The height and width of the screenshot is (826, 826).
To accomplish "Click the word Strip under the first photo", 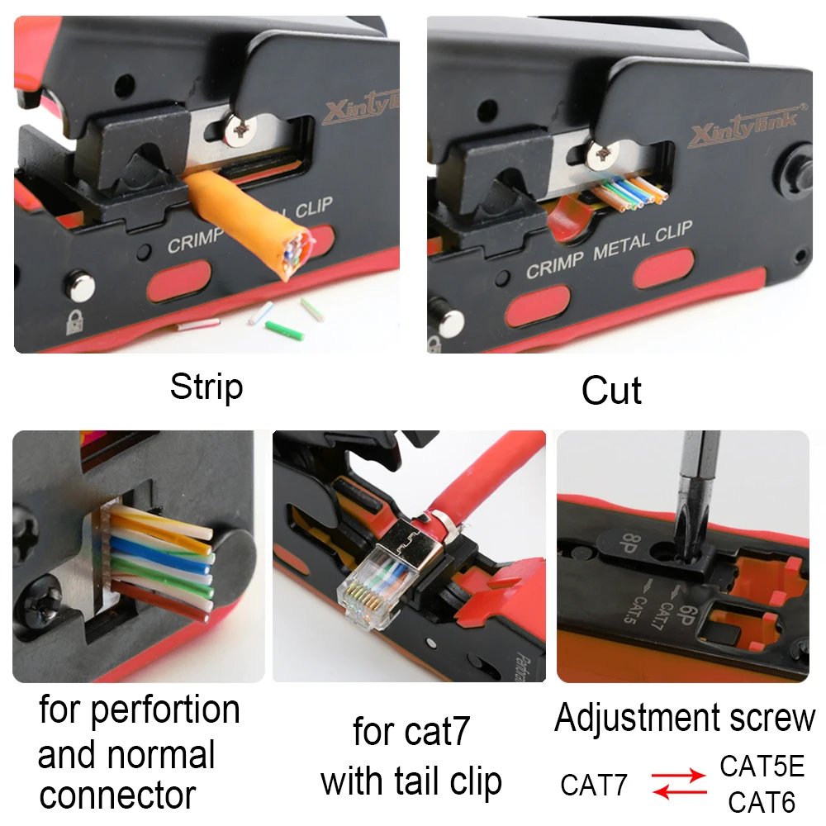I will [x=206, y=387].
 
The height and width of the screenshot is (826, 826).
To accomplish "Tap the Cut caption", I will [x=611, y=390].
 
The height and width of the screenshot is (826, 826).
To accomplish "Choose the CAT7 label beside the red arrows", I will [x=594, y=786].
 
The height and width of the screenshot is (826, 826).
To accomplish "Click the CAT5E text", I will [x=762, y=767].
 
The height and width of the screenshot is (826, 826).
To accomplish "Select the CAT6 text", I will [x=762, y=802].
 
